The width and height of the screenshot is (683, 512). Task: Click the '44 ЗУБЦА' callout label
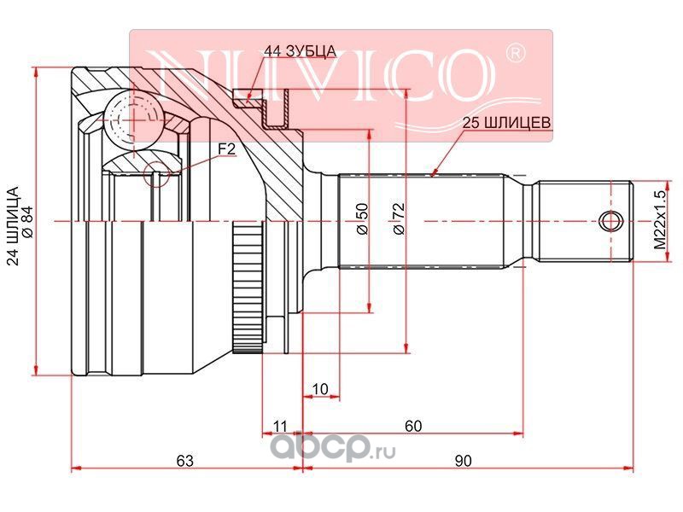pos(301,51)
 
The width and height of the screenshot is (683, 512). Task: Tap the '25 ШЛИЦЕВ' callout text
pos(506,123)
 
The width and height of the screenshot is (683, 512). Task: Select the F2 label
pos(226,149)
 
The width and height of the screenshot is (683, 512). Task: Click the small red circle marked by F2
pos(156,174)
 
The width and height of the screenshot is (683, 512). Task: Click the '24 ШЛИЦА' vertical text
pos(14,225)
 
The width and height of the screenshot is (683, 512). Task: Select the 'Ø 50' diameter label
pos(362,218)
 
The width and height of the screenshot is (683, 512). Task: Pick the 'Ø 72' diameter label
pos(399,218)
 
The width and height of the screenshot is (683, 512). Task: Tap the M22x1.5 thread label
pos(661,220)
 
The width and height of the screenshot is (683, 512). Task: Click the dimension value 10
pos(321,389)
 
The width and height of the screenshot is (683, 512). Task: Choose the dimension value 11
pos(280,426)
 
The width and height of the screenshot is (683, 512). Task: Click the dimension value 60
pos(413,426)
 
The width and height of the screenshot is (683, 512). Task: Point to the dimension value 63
pos(184,460)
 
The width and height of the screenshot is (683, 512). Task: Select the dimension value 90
pos(463,460)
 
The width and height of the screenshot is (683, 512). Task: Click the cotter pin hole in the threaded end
pos(610,221)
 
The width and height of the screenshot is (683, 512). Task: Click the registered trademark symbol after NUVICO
pos(516,53)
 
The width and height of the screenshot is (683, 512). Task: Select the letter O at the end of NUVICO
pos(464,75)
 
